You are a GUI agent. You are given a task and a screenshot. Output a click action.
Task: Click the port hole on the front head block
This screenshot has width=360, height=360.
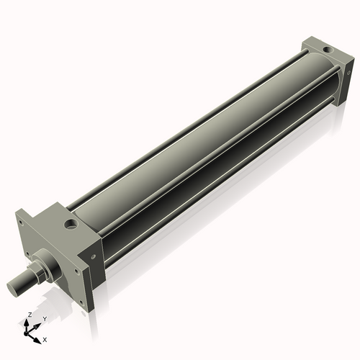click(x=71, y=225)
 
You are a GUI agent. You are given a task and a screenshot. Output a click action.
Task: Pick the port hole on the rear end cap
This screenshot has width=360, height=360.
click(x=329, y=50)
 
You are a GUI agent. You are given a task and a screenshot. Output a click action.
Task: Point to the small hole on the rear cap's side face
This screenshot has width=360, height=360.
click(x=349, y=72)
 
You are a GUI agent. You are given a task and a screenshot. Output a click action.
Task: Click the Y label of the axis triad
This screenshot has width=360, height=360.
click(x=45, y=318)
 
